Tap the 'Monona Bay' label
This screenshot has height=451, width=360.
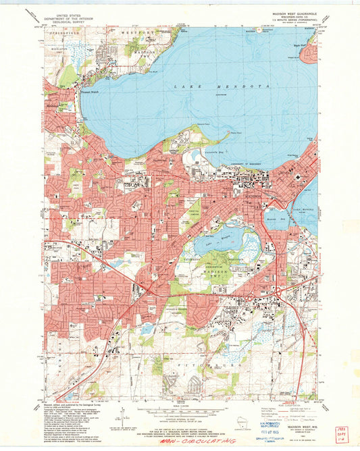[x=272, y=220]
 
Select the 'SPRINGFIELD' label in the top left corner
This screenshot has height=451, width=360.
[x=59, y=32]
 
